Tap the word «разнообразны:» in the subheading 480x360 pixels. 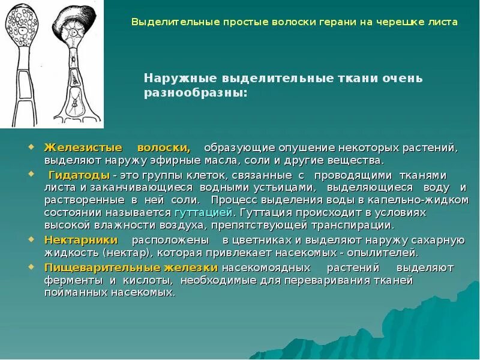point(195,93)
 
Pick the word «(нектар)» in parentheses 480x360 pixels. point(125,253)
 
